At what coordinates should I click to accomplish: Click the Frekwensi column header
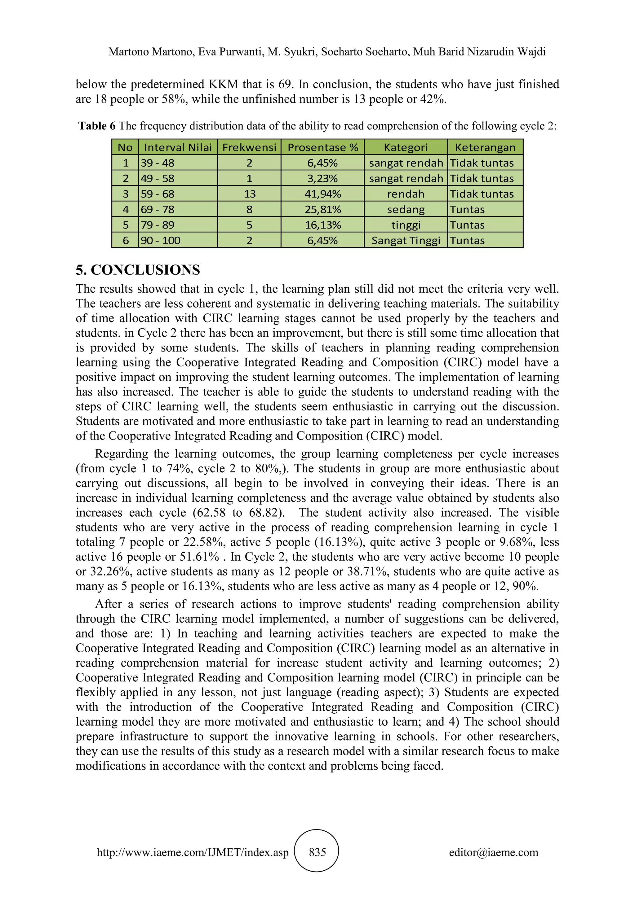click(249, 147)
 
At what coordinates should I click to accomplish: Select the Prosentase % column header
click(322, 147)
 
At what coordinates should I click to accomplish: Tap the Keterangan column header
click(485, 147)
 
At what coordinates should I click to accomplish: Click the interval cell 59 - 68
click(158, 194)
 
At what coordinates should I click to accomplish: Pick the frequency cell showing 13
click(249, 194)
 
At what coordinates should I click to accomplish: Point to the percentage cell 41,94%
click(322, 194)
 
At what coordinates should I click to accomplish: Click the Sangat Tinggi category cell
click(406, 240)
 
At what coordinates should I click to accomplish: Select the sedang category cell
click(406, 209)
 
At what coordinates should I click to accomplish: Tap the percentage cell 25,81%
click(322, 209)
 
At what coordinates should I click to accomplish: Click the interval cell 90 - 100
click(160, 240)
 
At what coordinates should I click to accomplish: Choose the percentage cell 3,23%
click(322, 178)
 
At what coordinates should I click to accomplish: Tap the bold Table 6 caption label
click(96, 126)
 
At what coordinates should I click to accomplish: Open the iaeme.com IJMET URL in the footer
click(192, 852)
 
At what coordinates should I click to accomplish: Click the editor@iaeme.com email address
click(493, 852)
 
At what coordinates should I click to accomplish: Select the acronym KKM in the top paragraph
click(223, 84)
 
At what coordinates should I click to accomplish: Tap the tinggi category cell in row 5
click(406, 225)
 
